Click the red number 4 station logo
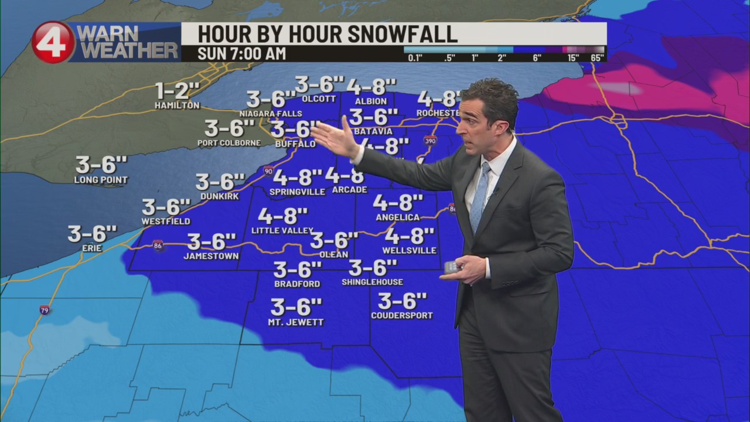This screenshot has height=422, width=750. click(53, 42)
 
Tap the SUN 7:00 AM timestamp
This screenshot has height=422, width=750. click(241, 53)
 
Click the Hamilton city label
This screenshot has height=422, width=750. click(177, 105)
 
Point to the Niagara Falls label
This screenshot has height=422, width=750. click(271, 113)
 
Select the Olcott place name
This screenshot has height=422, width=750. click(319, 99)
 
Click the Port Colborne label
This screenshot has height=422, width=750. click(229, 143)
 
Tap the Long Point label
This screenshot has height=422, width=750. click(101, 180)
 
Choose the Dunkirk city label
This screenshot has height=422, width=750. click(220, 196)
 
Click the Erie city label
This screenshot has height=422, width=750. click(92, 249)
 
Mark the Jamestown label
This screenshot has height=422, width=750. click(211, 256)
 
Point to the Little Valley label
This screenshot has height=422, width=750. click(282, 231)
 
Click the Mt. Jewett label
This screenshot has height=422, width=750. click(296, 322)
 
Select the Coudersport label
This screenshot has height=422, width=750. click(402, 316)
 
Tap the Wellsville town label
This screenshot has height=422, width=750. click(409, 251)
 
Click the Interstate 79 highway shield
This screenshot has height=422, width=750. click(45, 309)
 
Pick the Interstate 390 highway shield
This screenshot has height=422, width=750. click(429, 141)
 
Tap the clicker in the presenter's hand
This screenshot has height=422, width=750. click(452, 267)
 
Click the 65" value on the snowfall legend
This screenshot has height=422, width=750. click(597, 57)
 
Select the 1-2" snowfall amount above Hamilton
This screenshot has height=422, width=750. click(177, 91)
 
